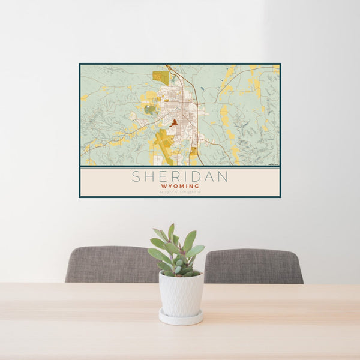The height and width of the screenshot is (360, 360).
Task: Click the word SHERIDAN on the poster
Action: [x=180, y=177]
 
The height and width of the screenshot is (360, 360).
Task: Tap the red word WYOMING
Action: [x=180, y=187]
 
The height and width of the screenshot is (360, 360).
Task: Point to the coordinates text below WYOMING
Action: [x=180, y=191]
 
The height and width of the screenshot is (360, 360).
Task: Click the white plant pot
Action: [x=181, y=294]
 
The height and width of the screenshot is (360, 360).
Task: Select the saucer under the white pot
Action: [x=181, y=318]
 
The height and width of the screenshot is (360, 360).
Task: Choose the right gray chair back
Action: [x=253, y=266]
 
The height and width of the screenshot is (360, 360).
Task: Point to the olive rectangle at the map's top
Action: [x=160, y=77]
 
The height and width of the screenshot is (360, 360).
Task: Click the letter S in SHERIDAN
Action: [x=136, y=177]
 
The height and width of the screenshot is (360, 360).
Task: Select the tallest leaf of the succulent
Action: [x=171, y=232]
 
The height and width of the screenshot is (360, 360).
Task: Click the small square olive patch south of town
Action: [x=193, y=152]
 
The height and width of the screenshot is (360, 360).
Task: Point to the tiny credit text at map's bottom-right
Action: [x=273, y=164]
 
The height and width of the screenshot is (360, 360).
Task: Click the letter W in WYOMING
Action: [x=163, y=187]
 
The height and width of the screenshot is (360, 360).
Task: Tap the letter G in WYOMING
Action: [x=197, y=187]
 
